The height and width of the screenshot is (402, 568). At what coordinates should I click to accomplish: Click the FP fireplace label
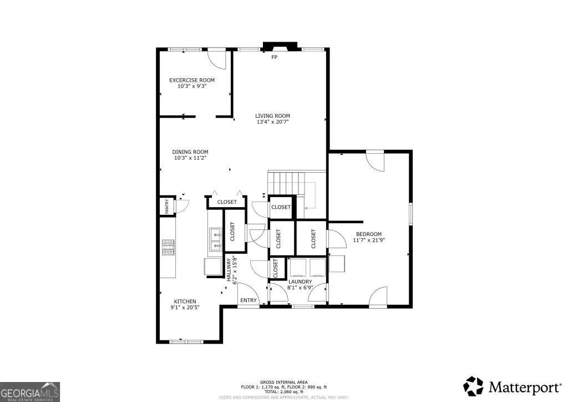275,57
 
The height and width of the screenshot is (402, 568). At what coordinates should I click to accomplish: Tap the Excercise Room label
192,80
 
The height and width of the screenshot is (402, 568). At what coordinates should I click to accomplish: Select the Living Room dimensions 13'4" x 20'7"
272,122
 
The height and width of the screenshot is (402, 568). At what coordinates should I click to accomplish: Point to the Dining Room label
190,152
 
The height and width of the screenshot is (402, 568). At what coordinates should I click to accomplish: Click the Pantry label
167,207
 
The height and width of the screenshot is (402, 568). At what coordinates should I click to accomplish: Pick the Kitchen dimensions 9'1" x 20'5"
185,308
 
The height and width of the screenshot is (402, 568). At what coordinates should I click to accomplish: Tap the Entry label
248,300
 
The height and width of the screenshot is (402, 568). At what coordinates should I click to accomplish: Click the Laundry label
300,282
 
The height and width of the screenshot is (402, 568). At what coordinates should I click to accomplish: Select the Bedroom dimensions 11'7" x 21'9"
369,240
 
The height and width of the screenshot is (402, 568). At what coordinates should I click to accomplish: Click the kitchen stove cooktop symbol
168,247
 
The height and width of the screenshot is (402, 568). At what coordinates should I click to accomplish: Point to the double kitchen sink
216,240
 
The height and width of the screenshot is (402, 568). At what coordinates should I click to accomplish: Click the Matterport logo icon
474,386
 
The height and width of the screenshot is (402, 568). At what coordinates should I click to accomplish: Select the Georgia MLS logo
30,392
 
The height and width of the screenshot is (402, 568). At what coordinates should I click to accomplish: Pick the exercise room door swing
217,59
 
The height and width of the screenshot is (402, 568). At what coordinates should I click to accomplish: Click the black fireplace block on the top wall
280,47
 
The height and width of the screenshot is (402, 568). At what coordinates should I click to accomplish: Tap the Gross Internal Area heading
283,382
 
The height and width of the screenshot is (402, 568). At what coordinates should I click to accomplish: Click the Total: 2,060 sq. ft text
283,391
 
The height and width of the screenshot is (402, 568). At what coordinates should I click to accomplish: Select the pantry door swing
182,205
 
